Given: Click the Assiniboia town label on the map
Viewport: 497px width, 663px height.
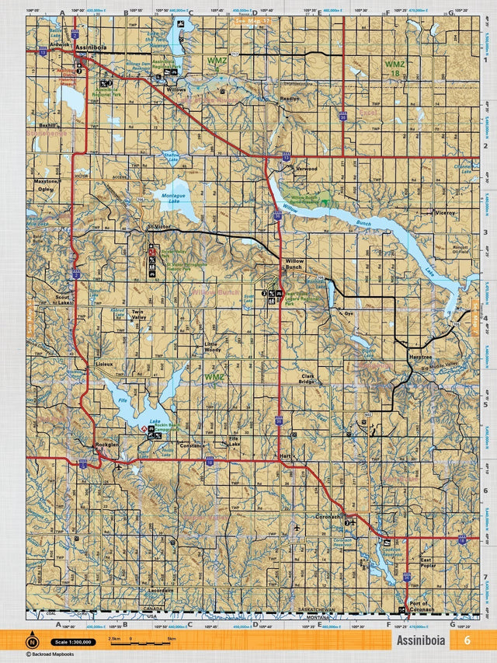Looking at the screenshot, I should (x=92, y=46).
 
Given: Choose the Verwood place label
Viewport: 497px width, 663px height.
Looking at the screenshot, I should (x=307, y=168).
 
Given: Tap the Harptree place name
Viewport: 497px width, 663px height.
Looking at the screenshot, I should (x=420, y=356).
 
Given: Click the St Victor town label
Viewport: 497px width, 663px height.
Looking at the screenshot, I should (x=158, y=227).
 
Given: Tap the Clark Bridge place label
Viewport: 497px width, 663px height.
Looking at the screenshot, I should (x=307, y=379).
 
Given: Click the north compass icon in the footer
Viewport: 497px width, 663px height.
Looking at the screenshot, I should (x=33, y=641).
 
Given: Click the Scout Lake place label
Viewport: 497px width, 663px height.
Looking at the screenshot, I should (x=63, y=300).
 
